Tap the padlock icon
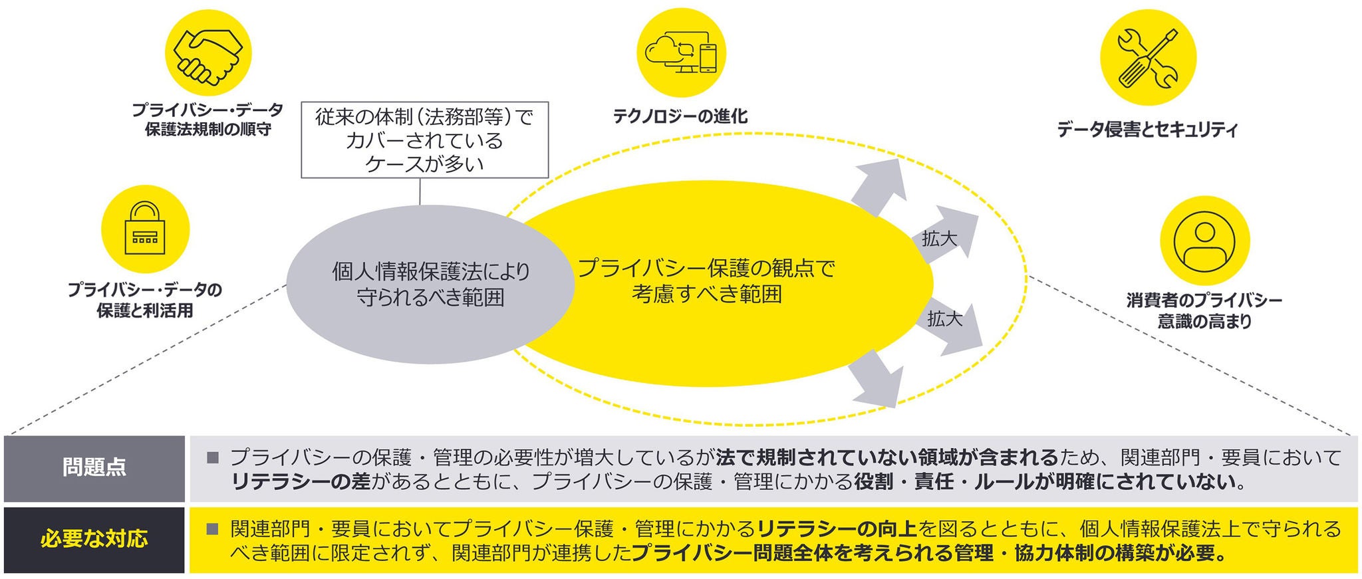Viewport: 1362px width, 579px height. (x=145, y=230)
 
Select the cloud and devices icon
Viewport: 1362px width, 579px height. (x=681, y=53)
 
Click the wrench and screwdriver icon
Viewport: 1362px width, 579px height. (x=1148, y=57)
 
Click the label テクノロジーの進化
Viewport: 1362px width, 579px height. (x=680, y=117)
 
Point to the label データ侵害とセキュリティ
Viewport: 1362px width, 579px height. (x=1148, y=129)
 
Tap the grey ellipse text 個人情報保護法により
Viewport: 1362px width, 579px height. (x=431, y=271)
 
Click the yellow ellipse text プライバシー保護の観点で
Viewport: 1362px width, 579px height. (x=706, y=268)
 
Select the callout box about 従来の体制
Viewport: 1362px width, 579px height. (x=424, y=140)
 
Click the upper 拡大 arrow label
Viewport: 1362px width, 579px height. (x=939, y=239)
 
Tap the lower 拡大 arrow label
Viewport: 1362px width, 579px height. (x=944, y=319)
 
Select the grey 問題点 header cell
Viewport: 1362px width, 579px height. (x=94, y=468)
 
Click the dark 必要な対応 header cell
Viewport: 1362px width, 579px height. (x=94, y=539)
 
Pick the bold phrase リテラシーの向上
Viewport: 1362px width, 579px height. (x=836, y=529)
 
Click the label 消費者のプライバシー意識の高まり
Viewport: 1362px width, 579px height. (x=1204, y=310)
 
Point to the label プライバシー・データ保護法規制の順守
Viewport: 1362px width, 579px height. (x=207, y=119)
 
